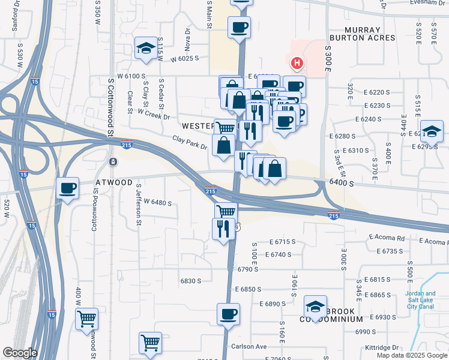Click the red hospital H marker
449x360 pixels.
click(x=296, y=62)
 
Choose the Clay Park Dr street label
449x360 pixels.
click(x=190, y=142)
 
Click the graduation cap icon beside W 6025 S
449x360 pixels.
click(x=146, y=49)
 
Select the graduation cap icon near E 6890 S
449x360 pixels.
click(x=315, y=307)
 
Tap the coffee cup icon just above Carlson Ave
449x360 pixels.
click(x=228, y=313)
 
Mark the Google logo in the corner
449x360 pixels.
click(x=20, y=353)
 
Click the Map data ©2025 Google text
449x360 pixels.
click(x=412, y=355)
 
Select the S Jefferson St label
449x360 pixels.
click(x=139, y=213)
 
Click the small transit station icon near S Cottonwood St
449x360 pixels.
click(x=113, y=162)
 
